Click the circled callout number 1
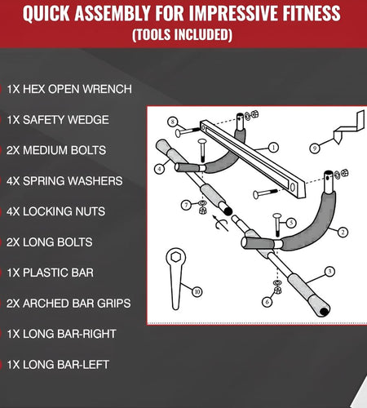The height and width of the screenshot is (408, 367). [273, 148]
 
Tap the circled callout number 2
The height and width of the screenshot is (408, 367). [343, 232]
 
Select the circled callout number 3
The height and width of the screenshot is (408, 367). [329, 272]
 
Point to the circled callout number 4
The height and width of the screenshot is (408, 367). [159, 169]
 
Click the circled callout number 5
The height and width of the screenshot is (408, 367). [291, 223]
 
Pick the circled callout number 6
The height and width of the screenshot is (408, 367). [268, 302]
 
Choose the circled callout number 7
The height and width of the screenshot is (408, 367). [186, 205]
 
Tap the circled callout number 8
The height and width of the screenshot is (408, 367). [173, 122]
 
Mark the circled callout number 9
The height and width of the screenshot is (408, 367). [315, 149]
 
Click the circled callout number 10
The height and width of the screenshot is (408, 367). [197, 292]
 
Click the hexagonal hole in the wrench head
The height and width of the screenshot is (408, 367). [175, 256]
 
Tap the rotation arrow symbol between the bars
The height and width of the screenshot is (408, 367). [220, 223]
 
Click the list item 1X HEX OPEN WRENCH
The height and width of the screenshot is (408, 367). [69, 89]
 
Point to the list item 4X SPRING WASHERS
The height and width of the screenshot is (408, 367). [64, 181]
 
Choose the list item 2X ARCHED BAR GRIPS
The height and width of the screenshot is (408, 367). [69, 304]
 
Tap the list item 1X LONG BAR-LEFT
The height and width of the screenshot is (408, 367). [58, 365]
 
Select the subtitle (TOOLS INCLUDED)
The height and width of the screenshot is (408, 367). [183, 35]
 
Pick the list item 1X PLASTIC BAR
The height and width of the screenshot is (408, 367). [50, 273]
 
